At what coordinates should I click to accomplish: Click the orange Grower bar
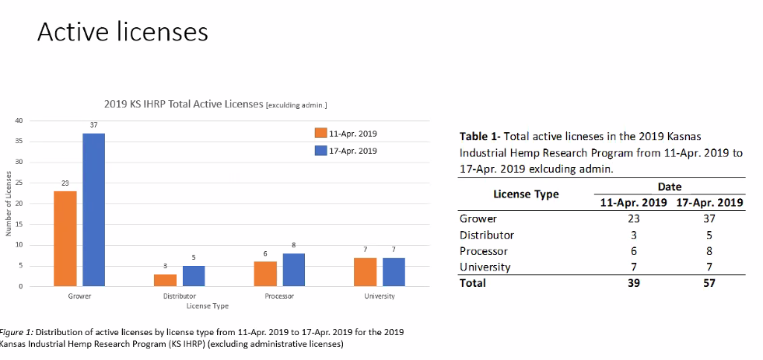(65, 239)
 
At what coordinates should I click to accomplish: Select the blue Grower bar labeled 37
(94, 210)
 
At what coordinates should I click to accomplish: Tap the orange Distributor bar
(166, 280)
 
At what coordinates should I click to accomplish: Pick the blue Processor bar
(293, 270)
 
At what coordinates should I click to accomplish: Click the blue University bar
(394, 272)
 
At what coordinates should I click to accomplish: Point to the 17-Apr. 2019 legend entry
(346, 151)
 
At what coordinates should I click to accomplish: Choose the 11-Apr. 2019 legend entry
(346, 133)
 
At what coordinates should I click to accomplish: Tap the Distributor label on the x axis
(180, 295)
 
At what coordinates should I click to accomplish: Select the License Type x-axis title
(208, 306)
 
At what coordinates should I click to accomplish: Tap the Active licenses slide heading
(123, 32)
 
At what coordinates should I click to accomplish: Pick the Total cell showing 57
(709, 283)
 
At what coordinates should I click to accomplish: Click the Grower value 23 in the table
(633, 218)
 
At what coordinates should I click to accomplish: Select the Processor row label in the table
(483, 251)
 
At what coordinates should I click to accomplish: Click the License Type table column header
(526, 194)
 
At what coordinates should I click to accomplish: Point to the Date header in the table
(670, 187)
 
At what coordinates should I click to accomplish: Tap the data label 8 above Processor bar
(293, 245)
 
